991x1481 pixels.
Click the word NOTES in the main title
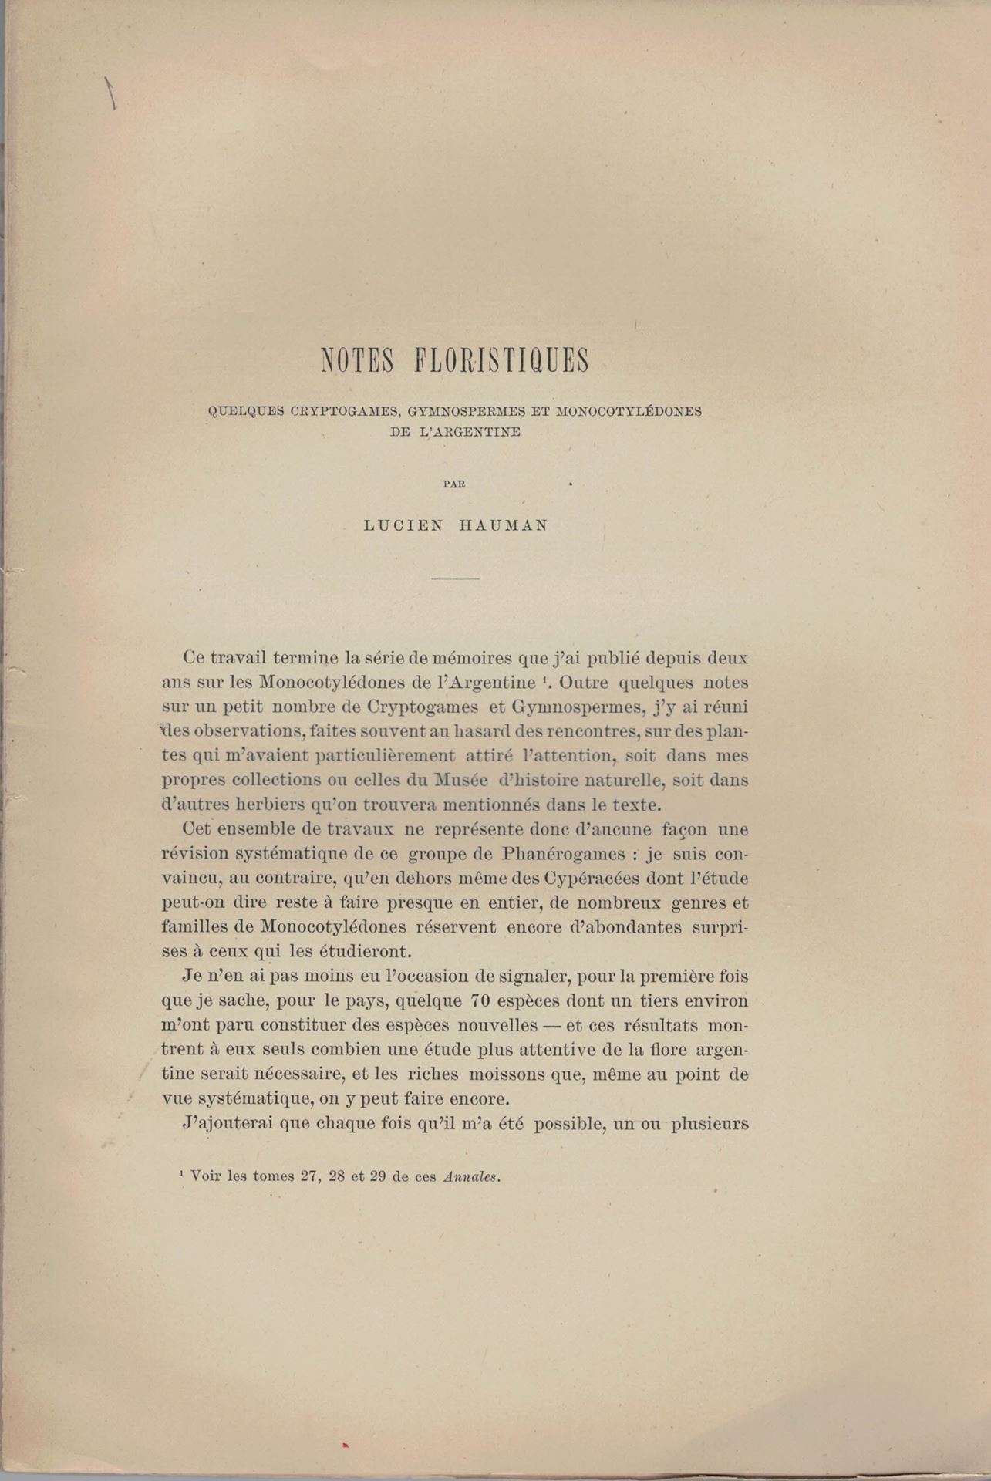(358, 361)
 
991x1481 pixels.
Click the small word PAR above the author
(454, 484)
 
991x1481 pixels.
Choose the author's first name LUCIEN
(403, 526)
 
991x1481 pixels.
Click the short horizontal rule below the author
(455, 578)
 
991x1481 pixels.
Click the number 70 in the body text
(483, 1001)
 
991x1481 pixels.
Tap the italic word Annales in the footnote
(472, 1177)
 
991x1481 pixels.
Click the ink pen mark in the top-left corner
(110, 93)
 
